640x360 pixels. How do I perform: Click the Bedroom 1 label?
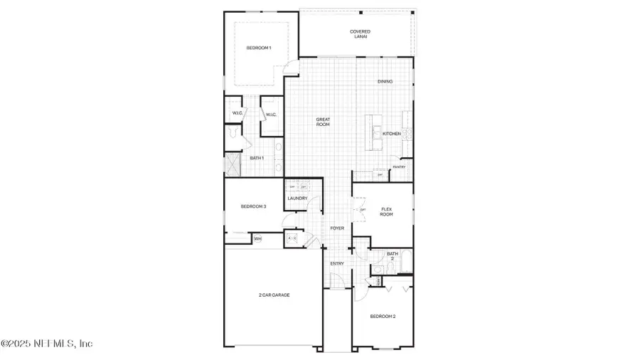pos(258,48)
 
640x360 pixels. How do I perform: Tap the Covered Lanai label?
pos(360,33)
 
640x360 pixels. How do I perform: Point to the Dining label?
pos(385,81)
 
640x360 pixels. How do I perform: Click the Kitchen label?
pos(392,134)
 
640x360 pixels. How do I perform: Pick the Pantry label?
pos(399,167)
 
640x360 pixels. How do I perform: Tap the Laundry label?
pos(297,198)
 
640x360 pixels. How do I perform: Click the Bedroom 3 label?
pos(253,206)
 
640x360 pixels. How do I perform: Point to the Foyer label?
pos(337,228)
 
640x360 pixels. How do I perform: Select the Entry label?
pos(337,263)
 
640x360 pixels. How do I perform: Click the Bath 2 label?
pos(392,255)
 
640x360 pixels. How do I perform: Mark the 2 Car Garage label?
pos(274,295)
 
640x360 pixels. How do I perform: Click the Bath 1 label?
pos(257,158)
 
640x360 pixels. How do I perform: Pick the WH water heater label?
pos(257,239)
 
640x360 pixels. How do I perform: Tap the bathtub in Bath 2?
pos(405,262)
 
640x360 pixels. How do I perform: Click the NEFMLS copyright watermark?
pos(47,344)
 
